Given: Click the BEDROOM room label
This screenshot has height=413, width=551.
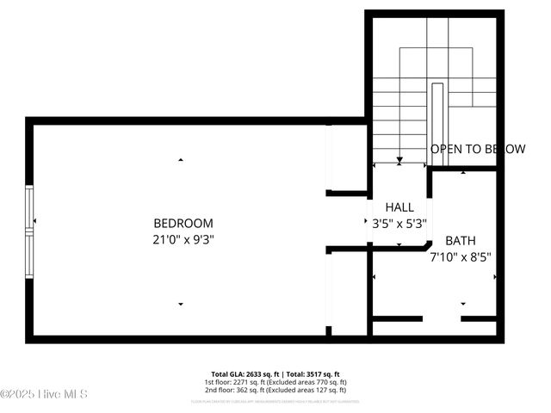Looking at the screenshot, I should point(183,223).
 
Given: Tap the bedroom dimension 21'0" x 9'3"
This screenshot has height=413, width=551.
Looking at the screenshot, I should point(183,240).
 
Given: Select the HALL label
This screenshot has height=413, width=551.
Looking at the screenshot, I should point(399,207).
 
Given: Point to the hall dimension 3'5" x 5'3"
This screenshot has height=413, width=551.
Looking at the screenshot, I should point(399,224).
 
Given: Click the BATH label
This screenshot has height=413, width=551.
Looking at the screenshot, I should point(460,241).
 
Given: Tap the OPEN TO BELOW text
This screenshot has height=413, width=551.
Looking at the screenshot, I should point(477,149).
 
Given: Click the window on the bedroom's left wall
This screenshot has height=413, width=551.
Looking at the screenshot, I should point(30,231).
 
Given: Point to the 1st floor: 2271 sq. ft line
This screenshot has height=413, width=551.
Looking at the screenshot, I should point(275,382).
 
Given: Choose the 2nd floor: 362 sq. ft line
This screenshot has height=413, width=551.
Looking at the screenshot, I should point(275,390).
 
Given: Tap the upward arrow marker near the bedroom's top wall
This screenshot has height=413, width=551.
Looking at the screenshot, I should point(181,159).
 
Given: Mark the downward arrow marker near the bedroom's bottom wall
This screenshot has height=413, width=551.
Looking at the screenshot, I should point(181,303).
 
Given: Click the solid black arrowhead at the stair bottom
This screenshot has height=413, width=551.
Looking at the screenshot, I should point(399,160).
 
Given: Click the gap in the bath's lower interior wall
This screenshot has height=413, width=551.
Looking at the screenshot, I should point(442,319).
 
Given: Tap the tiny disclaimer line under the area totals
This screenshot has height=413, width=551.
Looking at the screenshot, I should point(275,401).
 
